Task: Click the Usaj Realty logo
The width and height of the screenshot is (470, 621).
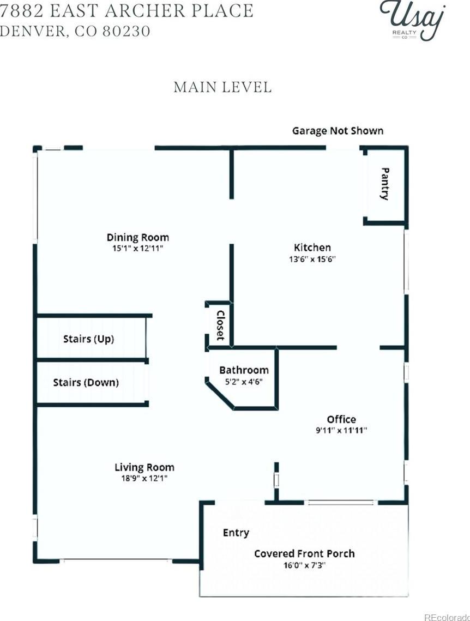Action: click(x=412, y=20)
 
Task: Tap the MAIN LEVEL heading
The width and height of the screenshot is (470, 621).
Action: click(x=222, y=87)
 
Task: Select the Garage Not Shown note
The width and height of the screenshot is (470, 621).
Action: click(x=338, y=131)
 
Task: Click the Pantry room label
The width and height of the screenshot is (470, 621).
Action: click(x=384, y=184)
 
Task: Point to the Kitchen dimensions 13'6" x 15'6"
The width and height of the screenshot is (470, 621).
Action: click(x=312, y=260)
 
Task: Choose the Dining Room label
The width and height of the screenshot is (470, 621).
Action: click(x=138, y=237)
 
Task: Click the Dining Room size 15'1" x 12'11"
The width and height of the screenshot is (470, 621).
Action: click(x=138, y=249)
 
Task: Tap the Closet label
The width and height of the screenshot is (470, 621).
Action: click(x=220, y=325)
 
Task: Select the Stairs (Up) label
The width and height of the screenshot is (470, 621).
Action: click(x=89, y=339)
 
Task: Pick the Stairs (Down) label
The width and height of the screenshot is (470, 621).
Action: click(x=86, y=383)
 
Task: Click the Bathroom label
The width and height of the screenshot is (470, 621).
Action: click(x=244, y=370)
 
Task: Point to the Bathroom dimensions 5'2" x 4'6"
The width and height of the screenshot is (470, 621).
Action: click(x=244, y=382)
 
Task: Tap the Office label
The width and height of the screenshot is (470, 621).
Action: click(x=341, y=419)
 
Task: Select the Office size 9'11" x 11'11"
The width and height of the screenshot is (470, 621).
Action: click(x=341, y=431)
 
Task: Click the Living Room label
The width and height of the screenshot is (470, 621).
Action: click(x=144, y=467)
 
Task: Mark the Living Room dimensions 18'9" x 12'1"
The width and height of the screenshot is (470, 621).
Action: click(x=144, y=478)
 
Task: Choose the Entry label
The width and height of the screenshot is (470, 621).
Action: click(x=236, y=533)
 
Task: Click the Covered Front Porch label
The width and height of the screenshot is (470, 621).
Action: click(x=304, y=554)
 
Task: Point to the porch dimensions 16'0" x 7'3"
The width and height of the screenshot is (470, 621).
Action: click(x=304, y=565)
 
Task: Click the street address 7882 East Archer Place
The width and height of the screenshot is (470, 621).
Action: click(x=126, y=11)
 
